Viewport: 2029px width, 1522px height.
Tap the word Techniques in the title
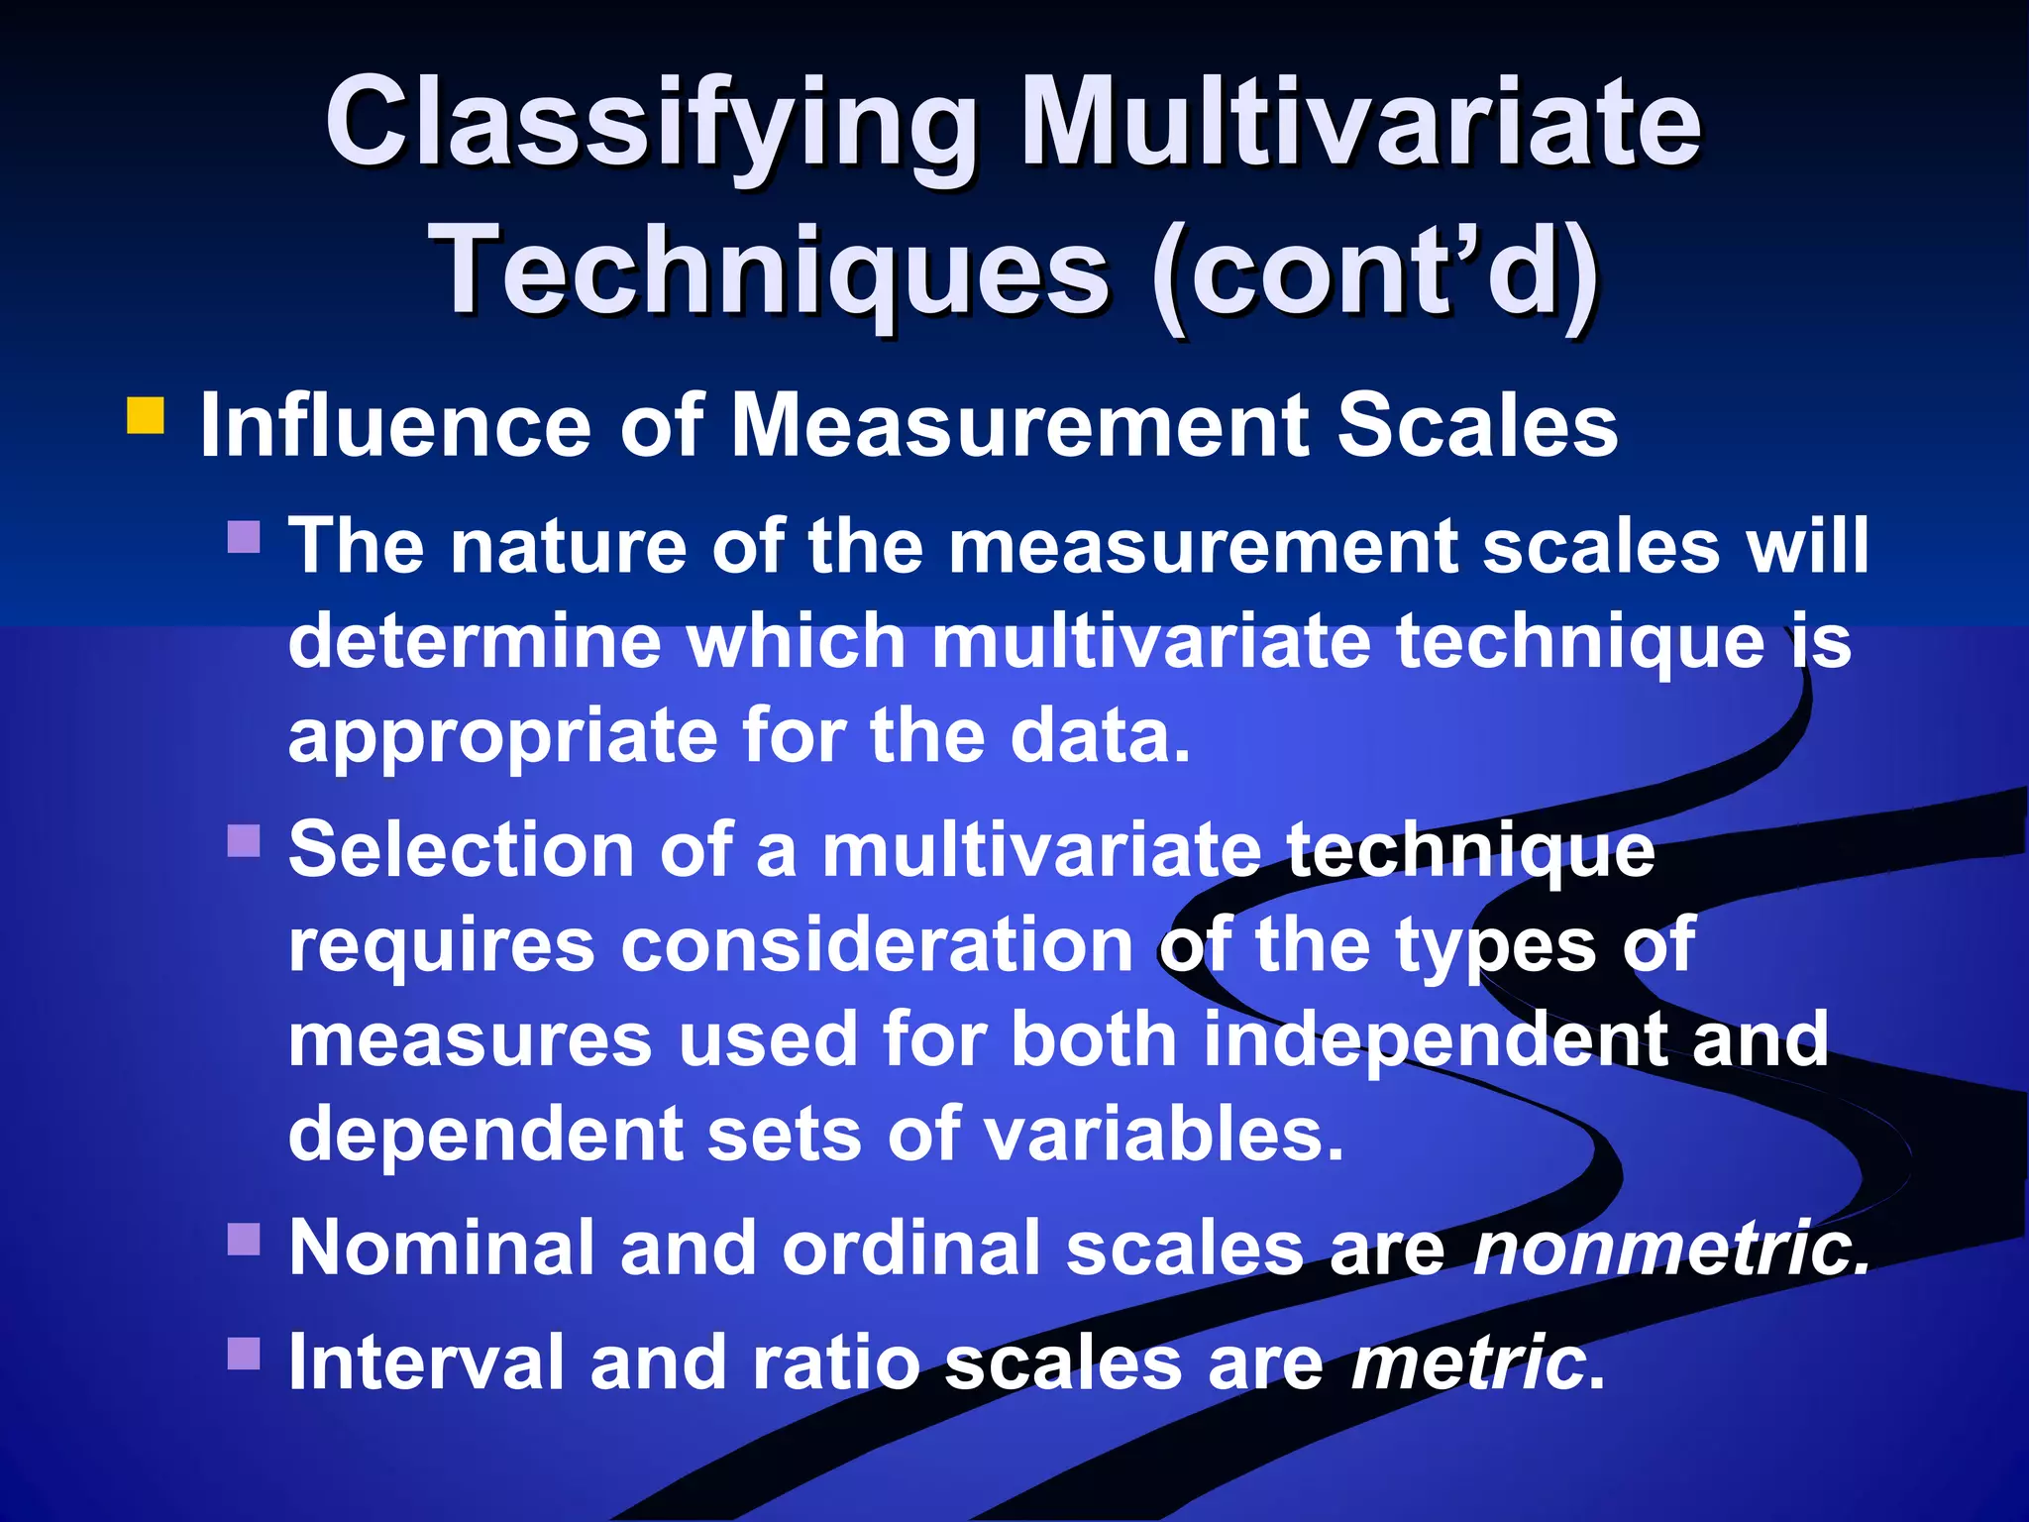(773, 270)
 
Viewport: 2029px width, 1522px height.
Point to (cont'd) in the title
(1376, 270)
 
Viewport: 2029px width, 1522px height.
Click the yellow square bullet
(146, 416)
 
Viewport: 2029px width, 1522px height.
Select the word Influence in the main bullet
(395, 427)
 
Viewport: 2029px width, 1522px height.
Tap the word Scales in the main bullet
(1477, 427)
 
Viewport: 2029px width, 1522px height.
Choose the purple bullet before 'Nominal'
(244, 1239)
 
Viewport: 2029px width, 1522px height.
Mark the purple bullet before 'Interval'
(244, 1353)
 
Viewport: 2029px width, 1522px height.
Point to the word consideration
(877, 945)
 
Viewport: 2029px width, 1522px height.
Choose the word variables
(1164, 1134)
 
